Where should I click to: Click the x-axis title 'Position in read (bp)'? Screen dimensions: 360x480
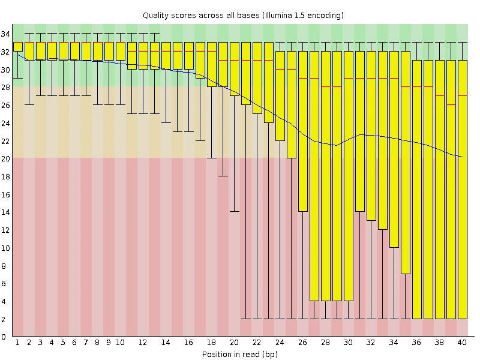(239, 354)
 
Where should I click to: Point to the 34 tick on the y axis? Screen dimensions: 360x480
(5, 34)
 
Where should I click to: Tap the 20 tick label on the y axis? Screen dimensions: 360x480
(5, 158)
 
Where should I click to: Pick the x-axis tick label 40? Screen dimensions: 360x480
(462, 343)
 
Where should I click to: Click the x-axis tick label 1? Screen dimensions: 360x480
(17, 343)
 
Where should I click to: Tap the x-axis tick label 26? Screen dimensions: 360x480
(302, 343)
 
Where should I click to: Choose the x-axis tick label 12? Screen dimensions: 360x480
(143, 343)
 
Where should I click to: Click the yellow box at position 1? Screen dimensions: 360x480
(17, 47)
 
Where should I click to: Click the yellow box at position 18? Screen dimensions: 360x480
(211, 65)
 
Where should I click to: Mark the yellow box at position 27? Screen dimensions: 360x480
(314, 175)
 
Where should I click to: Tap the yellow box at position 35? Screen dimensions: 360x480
(405, 162)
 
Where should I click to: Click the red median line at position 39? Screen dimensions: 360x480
(451, 105)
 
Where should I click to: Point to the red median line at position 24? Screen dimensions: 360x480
(280, 70)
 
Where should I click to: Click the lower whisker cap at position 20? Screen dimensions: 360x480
(234, 211)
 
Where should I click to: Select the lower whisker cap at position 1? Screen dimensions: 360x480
(17, 78)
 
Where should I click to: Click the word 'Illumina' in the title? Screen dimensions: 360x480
(278, 15)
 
